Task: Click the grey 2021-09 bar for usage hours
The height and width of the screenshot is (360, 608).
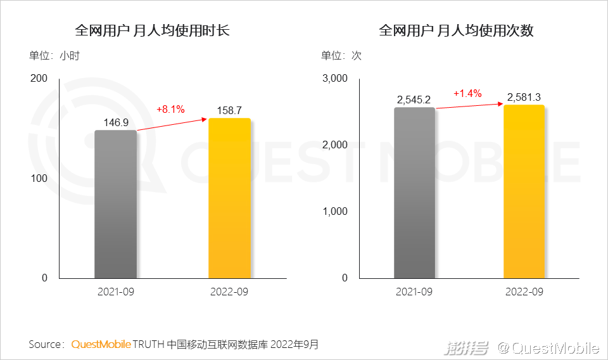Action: click(115, 204)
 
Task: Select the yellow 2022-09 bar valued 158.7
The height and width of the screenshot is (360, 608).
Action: click(229, 198)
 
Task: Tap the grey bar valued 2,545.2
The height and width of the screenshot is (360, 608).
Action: click(414, 193)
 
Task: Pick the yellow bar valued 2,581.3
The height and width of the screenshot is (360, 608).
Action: click(524, 191)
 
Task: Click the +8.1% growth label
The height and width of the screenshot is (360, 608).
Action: click(170, 109)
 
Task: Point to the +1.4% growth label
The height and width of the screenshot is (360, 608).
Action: click(467, 93)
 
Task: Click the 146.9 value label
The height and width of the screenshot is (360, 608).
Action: click(116, 122)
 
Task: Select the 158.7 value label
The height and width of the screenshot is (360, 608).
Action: click(229, 110)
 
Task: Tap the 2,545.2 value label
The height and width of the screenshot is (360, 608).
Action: click(414, 100)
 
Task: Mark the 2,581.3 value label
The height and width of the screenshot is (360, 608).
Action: click(524, 97)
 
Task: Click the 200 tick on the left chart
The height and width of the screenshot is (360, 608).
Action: click(39, 78)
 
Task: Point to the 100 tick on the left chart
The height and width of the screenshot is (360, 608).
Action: click(39, 178)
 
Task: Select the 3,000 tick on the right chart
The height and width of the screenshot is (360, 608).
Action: click(335, 78)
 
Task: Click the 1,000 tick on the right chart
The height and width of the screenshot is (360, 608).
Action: click(335, 211)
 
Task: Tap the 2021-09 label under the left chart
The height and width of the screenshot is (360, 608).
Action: click(116, 292)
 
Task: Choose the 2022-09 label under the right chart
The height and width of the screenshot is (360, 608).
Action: click(524, 292)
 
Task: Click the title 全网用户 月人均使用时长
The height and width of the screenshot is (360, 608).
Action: click(152, 30)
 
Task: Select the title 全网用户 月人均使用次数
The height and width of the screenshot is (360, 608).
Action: click(456, 30)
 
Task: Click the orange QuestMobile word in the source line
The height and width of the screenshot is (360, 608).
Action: click(101, 345)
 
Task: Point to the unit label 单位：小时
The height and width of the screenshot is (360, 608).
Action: click(54, 55)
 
